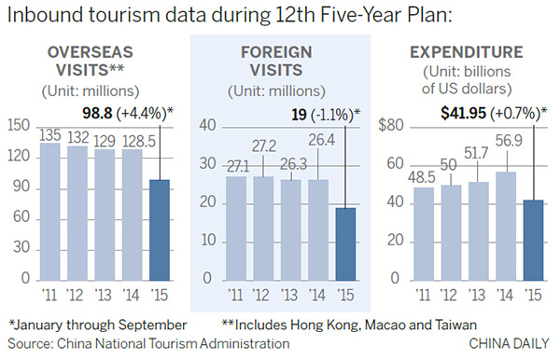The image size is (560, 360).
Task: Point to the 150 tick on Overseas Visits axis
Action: tap(20, 125)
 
